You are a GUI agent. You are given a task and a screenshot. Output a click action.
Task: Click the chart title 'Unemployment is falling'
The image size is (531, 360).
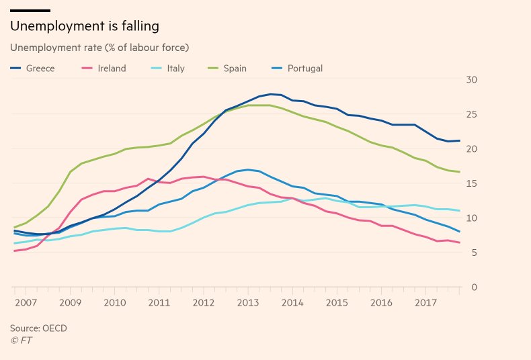click(84, 27)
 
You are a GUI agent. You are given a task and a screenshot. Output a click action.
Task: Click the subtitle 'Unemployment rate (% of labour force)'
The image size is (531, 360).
click(99, 48)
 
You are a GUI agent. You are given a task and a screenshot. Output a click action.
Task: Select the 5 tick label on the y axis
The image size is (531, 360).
click(474, 253)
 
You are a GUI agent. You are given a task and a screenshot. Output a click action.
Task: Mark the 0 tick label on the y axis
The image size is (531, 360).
click(474, 287)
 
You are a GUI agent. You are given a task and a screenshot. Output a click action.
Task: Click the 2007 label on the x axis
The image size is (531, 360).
click(26, 303)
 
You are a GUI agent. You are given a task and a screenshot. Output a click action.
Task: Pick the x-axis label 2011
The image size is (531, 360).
click(159, 303)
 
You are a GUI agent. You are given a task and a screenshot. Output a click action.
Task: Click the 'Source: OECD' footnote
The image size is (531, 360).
click(38, 328)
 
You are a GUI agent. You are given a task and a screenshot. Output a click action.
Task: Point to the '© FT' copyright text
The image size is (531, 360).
click(21, 341)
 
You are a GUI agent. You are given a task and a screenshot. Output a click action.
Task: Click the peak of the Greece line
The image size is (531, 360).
click(271, 94)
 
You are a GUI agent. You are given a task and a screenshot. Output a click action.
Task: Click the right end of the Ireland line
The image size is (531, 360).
click(460, 242)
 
